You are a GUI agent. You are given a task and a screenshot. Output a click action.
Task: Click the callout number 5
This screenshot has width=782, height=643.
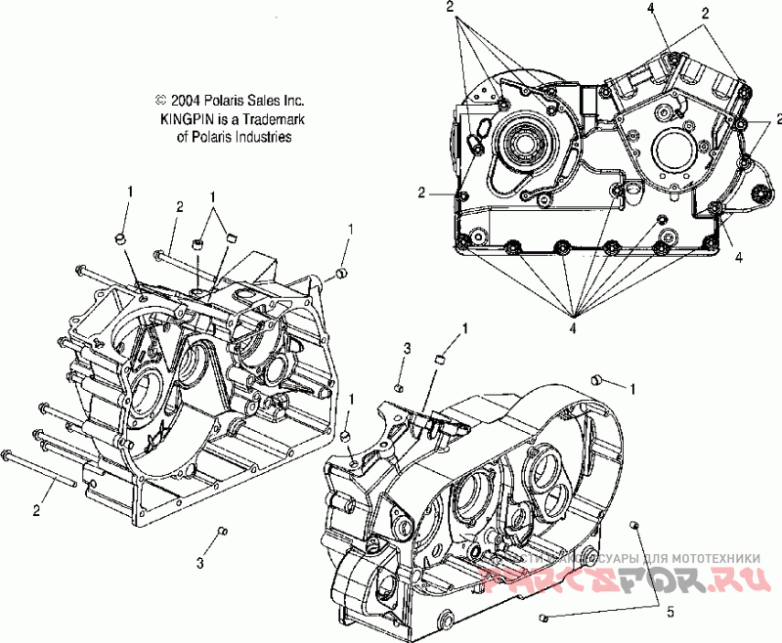(671, 613)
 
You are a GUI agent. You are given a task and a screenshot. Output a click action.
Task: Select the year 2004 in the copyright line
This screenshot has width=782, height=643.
(187, 100)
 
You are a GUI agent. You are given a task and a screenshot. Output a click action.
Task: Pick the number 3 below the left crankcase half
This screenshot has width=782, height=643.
(200, 563)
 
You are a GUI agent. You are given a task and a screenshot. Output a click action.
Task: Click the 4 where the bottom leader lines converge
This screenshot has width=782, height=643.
(574, 329)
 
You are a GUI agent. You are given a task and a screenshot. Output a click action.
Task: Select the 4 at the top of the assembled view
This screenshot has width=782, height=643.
(649, 8)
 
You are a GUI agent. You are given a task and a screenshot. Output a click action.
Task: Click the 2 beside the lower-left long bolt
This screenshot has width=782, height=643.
(38, 510)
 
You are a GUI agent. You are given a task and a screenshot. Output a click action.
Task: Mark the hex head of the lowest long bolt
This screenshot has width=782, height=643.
(10, 455)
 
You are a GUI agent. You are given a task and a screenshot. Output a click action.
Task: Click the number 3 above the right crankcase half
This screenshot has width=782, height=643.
(408, 349)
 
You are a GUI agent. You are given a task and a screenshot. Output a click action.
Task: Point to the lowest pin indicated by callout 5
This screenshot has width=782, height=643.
(543, 618)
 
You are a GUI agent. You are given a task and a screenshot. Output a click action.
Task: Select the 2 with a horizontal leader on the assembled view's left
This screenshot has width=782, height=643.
(421, 193)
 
